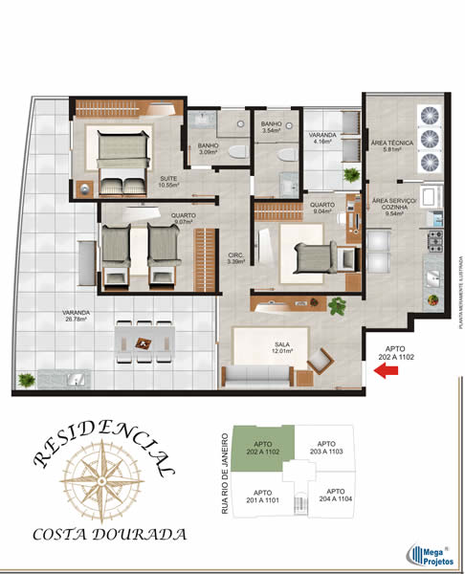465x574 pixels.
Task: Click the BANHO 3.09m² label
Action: [x=209, y=147]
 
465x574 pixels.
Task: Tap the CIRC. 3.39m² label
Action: [x=233, y=256]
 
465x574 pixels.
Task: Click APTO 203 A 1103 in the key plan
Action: [x=325, y=448]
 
